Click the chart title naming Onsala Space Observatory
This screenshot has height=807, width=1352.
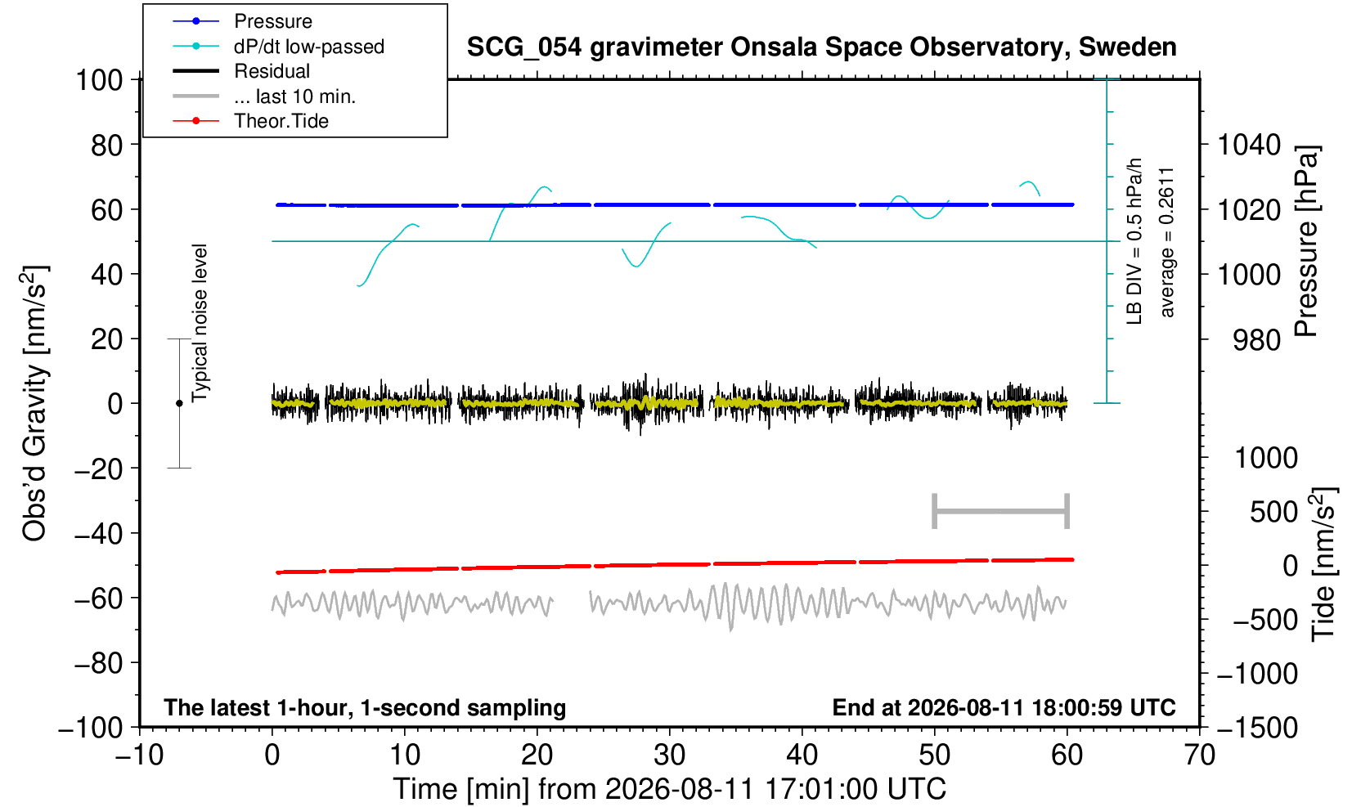(821, 47)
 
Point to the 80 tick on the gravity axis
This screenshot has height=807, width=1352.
(107, 145)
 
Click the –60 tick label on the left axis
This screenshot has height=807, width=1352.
(98, 599)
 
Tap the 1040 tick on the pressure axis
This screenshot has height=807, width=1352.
(1249, 145)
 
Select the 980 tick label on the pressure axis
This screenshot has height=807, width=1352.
(1256, 340)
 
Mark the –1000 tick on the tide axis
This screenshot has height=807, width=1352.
(1256, 674)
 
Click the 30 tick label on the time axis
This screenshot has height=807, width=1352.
(669, 755)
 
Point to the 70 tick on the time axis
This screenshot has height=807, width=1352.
(1199, 755)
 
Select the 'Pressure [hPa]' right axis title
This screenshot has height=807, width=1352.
(1307, 241)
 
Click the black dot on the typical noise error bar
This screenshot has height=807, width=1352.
(179, 403)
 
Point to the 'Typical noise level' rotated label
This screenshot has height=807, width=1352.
(200, 324)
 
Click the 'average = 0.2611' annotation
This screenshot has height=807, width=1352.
(1166, 243)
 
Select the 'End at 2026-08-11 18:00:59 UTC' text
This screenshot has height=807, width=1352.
(1004, 707)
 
